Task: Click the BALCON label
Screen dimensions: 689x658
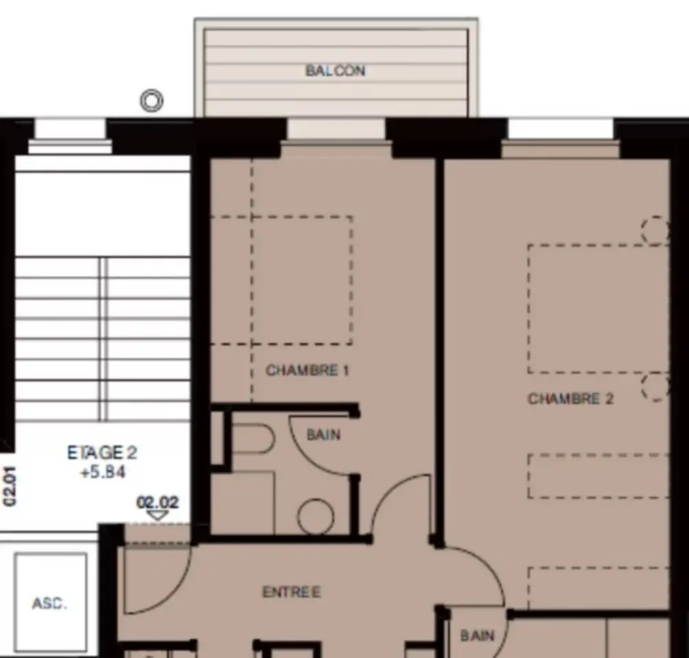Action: pyautogui.click(x=335, y=71)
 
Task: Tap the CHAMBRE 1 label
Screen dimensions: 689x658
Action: pyautogui.click(x=307, y=370)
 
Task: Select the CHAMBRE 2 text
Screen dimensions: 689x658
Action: pyautogui.click(x=570, y=399)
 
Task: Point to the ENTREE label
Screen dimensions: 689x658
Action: pyautogui.click(x=292, y=592)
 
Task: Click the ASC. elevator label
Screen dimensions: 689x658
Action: pyautogui.click(x=49, y=604)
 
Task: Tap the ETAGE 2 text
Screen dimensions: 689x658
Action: pyautogui.click(x=102, y=452)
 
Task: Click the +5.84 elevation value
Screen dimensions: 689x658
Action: pyautogui.click(x=103, y=472)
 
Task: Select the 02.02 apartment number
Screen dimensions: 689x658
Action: pyautogui.click(x=158, y=502)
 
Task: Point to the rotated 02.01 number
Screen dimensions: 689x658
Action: pyautogui.click(x=9, y=485)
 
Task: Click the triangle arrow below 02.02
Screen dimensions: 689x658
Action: pyautogui.click(x=157, y=515)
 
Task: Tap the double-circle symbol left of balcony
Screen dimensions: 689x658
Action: pyautogui.click(x=152, y=101)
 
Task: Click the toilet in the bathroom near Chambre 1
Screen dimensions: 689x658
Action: pyautogui.click(x=253, y=439)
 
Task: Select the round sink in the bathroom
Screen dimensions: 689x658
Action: pyautogui.click(x=315, y=517)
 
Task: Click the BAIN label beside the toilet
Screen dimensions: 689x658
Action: pyautogui.click(x=324, y=435)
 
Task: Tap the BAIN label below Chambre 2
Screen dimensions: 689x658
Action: pyautogui.click(x=477, y=635)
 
